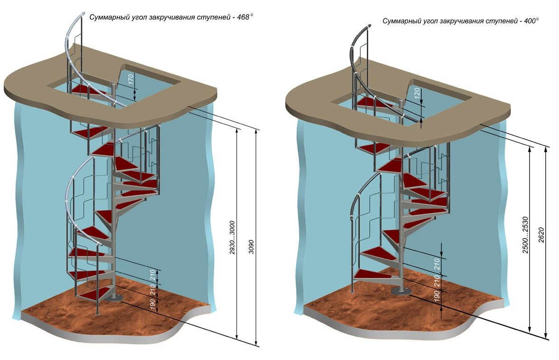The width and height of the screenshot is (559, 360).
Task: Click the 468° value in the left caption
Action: point(245,17)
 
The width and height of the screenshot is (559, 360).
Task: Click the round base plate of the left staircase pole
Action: point(114,298)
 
